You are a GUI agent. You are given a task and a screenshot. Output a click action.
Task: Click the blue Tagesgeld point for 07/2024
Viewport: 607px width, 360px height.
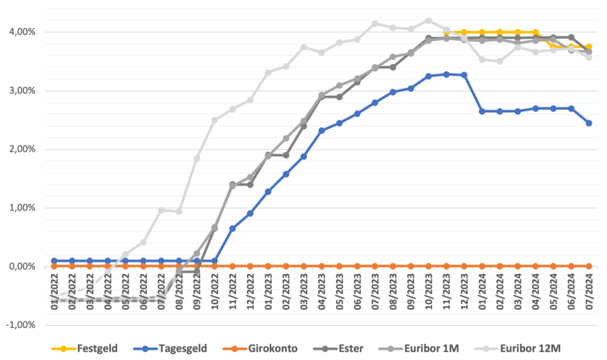(x=589, y=123)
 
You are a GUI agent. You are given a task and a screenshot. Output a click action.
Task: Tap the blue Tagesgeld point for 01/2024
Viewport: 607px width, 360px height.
(x=482, y=111)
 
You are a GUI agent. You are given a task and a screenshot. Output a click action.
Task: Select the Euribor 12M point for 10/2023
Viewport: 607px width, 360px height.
(x=428, y=20)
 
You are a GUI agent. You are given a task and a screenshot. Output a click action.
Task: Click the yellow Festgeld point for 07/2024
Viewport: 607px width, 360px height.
(x=589, y=47)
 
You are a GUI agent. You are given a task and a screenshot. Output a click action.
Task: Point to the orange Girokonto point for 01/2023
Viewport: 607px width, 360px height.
(x=268, y=266)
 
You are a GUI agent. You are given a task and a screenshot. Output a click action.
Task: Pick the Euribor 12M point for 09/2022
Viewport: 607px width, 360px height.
(x=197, y=158)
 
